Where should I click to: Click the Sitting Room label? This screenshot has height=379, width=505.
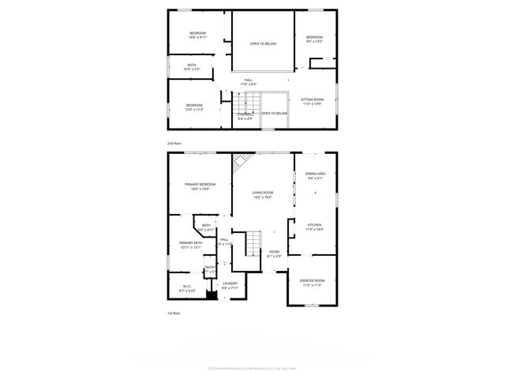point(312,99)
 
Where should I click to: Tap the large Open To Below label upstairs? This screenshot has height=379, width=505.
point(263,43)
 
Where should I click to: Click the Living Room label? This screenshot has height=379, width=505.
point(263,192)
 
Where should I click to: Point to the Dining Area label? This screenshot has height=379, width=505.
point(316,173)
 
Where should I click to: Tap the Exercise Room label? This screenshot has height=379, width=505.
point(312,280)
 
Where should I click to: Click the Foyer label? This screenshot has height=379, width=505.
point(275,252)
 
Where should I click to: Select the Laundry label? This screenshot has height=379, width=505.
point(230,283)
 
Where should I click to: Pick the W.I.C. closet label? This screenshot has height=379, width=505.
point(187,287)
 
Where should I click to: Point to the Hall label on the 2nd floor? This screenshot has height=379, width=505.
point(249,81)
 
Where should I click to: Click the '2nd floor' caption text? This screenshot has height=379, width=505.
point(174,143)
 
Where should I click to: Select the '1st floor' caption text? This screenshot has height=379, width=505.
point(174,313)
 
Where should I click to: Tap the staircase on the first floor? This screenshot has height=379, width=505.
point(252,242)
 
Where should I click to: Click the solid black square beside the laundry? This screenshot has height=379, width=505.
point(211,296)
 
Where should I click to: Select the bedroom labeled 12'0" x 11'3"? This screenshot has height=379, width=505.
point(194,107)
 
